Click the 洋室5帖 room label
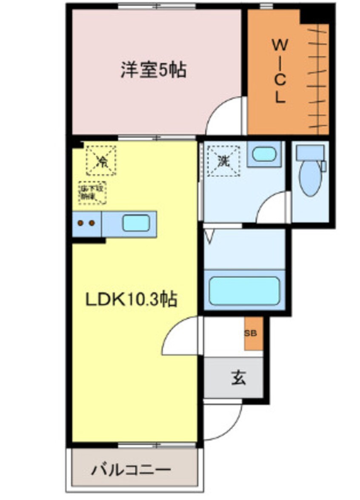pos(153,70)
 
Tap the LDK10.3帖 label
pos(131,300)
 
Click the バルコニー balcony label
pos(131,470)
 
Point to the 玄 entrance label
pos(238,377)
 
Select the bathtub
pos(244,291)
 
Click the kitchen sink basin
pos(136,223)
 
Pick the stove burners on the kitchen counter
pos(86,223)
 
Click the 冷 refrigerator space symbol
pos(101,161)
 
